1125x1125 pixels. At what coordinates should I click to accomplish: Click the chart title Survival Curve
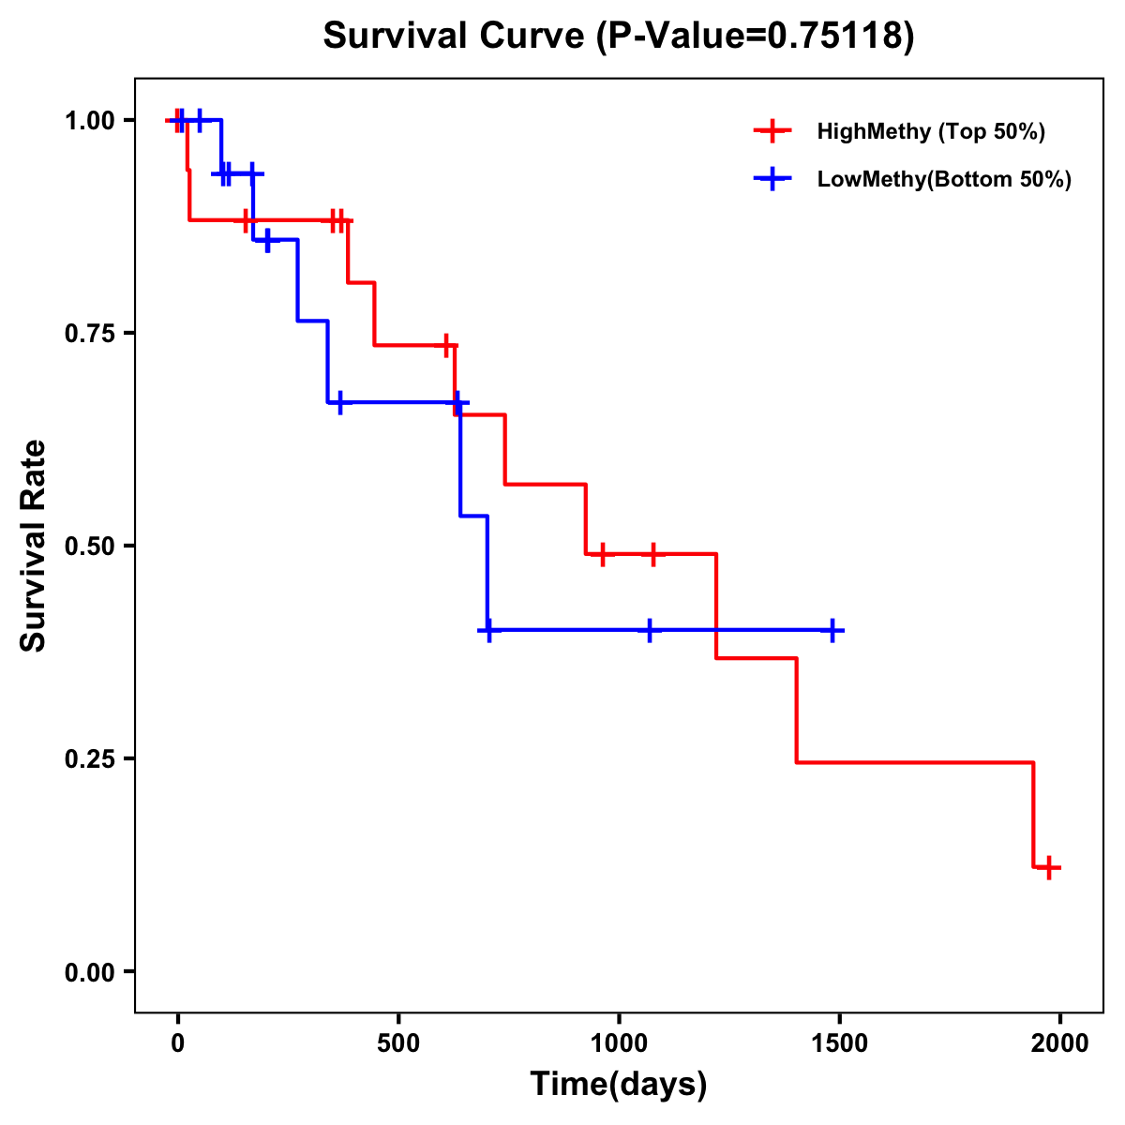point(457,36)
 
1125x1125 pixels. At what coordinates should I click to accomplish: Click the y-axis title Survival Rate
point(34,545)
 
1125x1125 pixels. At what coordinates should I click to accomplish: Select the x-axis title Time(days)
point(619,1084)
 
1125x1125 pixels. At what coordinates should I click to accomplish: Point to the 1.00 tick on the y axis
point(90,120)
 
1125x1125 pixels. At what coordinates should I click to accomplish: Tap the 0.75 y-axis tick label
point(90,333)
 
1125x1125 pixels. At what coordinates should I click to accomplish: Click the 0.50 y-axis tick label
point(90,546)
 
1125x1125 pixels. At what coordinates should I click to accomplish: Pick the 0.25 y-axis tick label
point(90,758)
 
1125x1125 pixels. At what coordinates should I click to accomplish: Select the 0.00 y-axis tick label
point(90,971)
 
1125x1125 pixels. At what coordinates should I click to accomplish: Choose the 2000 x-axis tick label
point(1060,1043)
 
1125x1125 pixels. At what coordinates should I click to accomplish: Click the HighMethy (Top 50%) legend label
point(931,131)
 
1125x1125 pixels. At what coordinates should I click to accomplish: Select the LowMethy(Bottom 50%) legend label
point(944,179)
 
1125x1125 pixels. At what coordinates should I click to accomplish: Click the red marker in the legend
point(772,131)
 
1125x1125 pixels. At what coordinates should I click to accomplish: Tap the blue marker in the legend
point(772,179)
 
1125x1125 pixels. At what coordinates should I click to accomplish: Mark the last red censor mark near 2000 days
point(1049,867)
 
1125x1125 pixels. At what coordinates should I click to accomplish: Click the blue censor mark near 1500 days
point(832,630)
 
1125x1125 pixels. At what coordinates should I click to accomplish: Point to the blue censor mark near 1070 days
point(649,630)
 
